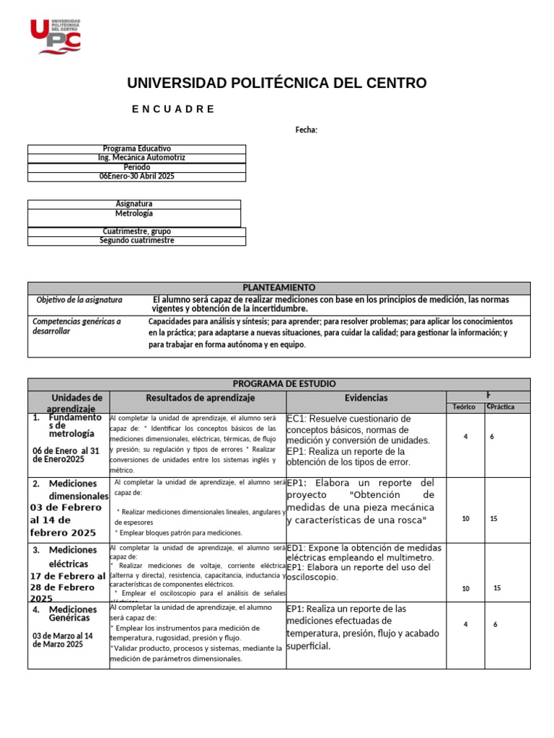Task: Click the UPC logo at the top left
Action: click(x=55, y=36)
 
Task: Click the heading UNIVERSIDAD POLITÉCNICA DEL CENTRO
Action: click(x=276, y=83)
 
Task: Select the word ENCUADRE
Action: click(x=173, y=109)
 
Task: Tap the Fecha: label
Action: click(x=306, y=130)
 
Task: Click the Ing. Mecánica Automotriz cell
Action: click(x=136, y=158)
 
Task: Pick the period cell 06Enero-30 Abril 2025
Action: click(x=136, y=177)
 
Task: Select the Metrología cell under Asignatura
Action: click(x=134, y=214)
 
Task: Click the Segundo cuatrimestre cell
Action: click(x=136, y=241)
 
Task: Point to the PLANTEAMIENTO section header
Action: click(x=278, y=288)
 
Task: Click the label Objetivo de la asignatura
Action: click(x=79, y=300)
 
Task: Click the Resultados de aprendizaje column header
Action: click(x=201, y=398)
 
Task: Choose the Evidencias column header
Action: click(x=366, y=398)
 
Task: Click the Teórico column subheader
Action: click(x=463, y=407)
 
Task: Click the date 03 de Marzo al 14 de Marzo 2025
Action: click(x=63, y=640)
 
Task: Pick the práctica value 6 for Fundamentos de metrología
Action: click(x=491, y=437)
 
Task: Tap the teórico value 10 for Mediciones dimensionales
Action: click(x=465, y=519)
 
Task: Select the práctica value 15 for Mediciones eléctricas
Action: click(x=496, y=588)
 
